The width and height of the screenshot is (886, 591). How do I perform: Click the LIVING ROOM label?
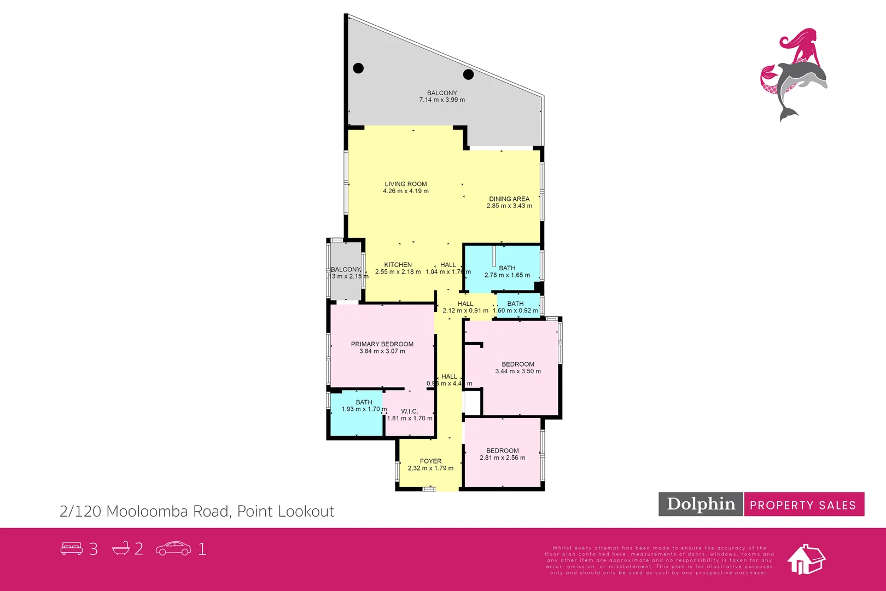[406, 184]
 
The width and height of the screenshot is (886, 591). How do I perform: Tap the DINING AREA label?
[509, 199]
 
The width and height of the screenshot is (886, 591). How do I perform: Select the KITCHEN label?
[398, 265]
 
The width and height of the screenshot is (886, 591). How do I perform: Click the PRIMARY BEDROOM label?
[382, 344]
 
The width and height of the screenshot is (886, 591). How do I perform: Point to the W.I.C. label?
[410, 412]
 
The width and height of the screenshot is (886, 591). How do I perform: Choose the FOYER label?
[430, 461]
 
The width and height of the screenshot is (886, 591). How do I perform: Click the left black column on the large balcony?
[358, 68]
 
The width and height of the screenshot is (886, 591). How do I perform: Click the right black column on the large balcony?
[468, 74]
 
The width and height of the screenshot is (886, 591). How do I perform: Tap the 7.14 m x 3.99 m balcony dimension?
[442, 100]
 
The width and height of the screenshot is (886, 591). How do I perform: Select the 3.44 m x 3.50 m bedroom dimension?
[518, 372]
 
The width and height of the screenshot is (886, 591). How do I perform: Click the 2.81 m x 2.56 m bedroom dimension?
[502, 458]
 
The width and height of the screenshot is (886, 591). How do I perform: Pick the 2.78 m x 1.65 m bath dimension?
[507, 275]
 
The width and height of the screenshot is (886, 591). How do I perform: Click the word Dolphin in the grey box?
[701, 504]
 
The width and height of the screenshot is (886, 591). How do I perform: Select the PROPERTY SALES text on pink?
[803, 505]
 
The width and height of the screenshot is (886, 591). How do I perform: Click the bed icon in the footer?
[71, 548]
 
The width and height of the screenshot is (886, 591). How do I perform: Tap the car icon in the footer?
[173, 548]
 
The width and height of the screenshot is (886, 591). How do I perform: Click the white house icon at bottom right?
[806, 560]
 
